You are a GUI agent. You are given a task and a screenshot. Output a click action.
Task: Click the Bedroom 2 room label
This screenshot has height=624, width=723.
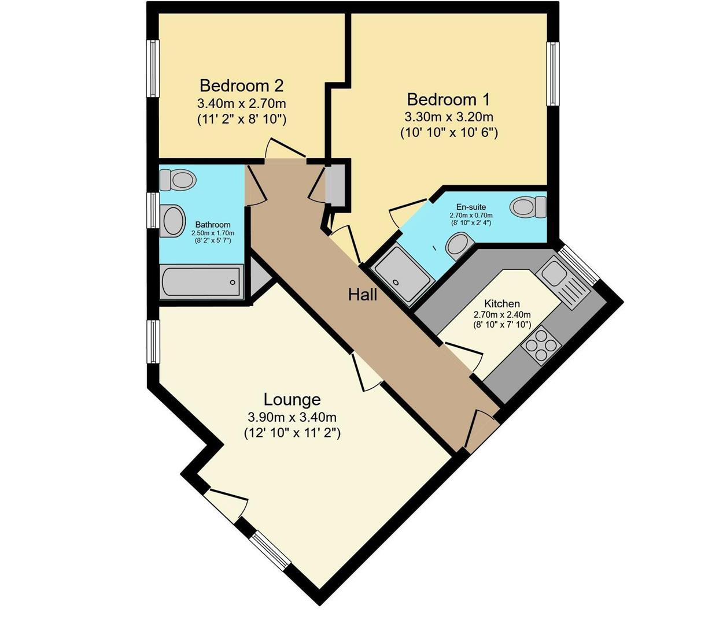click(241, 86)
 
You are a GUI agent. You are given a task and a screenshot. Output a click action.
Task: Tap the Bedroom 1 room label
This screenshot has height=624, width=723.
click(449, 99)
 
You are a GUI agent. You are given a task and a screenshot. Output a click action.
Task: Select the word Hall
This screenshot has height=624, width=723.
click(363, 295)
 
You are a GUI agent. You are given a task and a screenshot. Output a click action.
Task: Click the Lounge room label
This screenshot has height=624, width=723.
click(292, 399)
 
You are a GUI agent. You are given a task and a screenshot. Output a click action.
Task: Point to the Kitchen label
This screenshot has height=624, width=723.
click(501, 304)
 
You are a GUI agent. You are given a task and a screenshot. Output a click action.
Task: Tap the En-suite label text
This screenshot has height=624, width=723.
click(471, 207)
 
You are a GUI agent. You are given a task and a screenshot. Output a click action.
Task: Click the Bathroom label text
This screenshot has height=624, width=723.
click(213, 225)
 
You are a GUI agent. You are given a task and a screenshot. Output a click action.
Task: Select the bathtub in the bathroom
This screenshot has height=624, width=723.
click(201, 282)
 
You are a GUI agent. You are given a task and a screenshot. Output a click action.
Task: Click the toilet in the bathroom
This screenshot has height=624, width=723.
click(178, 180)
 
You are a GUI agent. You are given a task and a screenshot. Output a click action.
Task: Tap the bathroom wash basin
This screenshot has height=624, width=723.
click(171, 221)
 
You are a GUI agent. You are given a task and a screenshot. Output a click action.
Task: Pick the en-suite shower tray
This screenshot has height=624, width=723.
click(403, 275)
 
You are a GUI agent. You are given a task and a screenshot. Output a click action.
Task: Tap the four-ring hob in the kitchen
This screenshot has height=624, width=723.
click(541, 345)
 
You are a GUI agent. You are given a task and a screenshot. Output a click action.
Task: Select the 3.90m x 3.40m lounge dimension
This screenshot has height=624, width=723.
click(292, 417)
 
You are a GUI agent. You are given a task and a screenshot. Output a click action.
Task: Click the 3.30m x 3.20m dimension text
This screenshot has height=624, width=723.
click(449, 117)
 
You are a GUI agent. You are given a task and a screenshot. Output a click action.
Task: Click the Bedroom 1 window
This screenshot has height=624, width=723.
click(552, 73)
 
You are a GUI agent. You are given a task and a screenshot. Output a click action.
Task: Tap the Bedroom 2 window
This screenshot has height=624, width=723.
click(153, 68)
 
